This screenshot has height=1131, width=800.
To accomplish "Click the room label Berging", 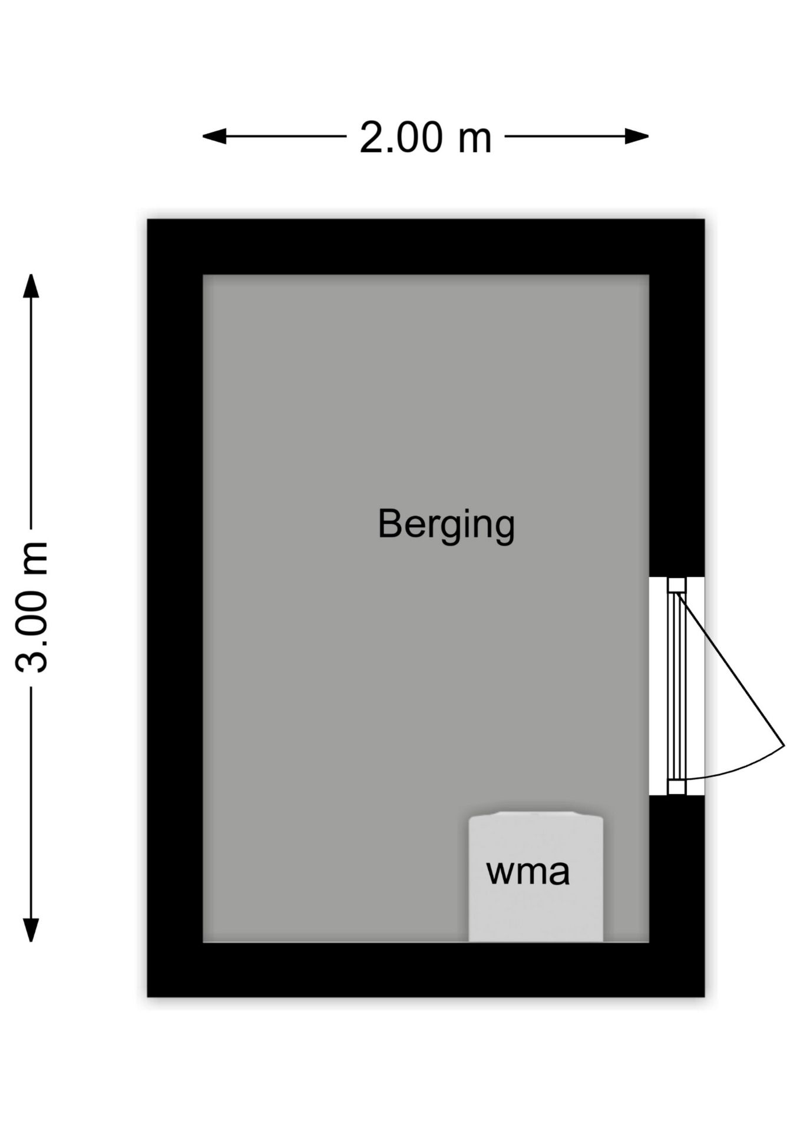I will click(x=446, y=524).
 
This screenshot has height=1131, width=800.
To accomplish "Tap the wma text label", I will click(x=528, y=872).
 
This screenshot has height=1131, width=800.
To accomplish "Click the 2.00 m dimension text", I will click(x=425, y=137).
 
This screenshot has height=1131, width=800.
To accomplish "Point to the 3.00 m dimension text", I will click(x=31, y=607).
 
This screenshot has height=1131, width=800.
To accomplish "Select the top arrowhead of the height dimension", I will click(x=31, y=286).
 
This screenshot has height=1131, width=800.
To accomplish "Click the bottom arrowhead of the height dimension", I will click(x=31, y=930).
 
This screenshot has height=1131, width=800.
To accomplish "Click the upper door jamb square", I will click(x=676, y=585).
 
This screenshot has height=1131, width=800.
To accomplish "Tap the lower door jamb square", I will click(x=676, y=787).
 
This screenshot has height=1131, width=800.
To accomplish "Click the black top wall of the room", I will click(x=425, y=246).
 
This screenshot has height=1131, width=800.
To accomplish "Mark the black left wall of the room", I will click(x=175, y=607).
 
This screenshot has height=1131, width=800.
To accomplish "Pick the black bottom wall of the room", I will click(x=425, y=968).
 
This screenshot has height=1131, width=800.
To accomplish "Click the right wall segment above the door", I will click(x=676, y=424).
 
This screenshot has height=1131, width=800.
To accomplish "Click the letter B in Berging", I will click(x=388, y=523).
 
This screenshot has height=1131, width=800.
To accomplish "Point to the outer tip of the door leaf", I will click(x=784, y=746).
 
